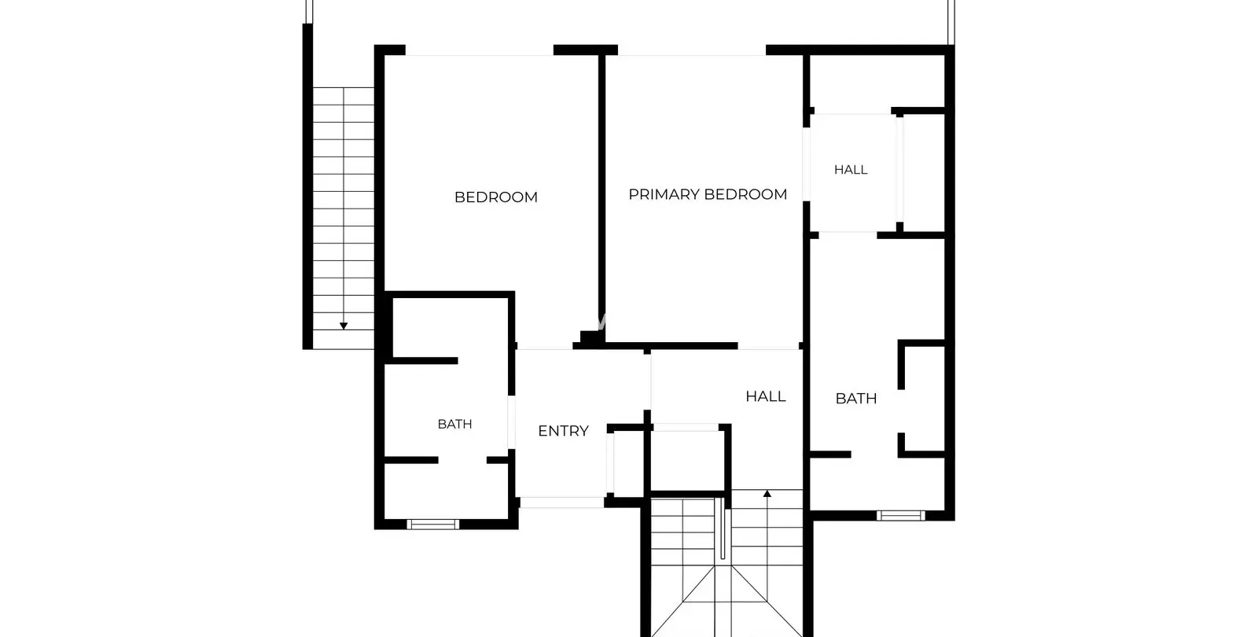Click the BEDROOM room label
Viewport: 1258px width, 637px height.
tap(496, 197)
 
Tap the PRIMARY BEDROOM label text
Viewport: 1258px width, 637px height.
tap(708, 194)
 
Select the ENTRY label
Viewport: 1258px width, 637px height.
tap(563, 431)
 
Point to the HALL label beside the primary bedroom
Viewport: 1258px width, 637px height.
tap(851, 170)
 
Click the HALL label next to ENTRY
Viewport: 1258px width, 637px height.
tap(766, 396)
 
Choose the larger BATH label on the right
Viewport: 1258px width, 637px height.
tap(856, 399)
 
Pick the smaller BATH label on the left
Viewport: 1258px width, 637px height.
tap(454, 424)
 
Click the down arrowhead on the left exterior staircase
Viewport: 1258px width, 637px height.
tap(344, 326)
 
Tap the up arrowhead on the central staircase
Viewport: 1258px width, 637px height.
tap(767, 494)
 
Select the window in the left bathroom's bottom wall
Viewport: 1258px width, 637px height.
tap(433, 525)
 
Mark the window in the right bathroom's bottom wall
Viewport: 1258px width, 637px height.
tap(901, 516)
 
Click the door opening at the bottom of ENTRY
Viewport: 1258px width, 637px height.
tap(561, 503)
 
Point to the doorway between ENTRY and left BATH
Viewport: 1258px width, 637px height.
tap(512, 422)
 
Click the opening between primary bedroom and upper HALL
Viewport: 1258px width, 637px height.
tap(807, 164)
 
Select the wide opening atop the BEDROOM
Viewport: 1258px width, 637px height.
tap(480, 50)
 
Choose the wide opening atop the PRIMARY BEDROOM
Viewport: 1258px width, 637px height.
tap(692, 50)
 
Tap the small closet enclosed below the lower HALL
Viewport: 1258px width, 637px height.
tap(686, 459)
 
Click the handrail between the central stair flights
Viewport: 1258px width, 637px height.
tap(723, 528)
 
